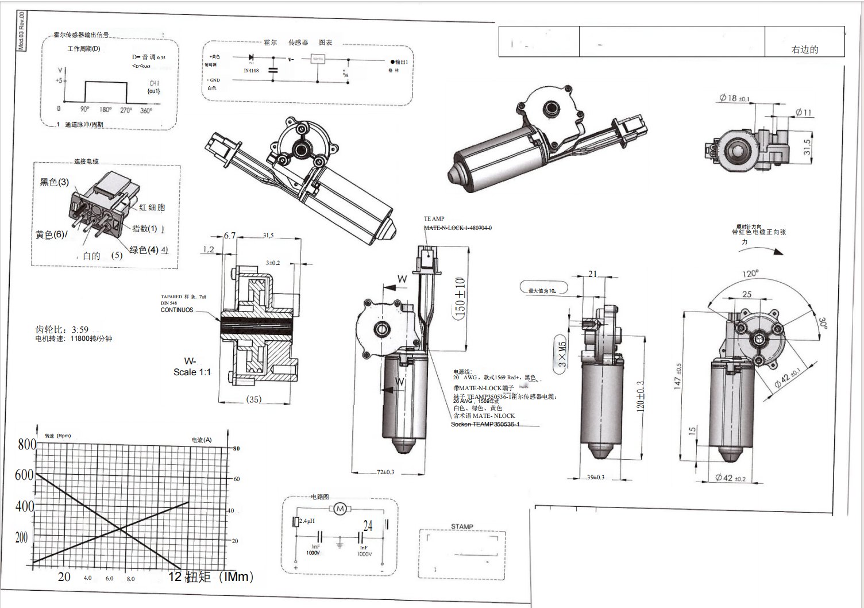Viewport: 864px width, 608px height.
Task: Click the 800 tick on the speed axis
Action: click(x=27, y=444)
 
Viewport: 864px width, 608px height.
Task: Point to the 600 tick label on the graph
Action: click(x=24, y=475)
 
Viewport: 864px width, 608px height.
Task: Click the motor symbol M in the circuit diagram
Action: click(x=340, y=509)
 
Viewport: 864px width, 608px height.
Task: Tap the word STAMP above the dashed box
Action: click(x=462, y=526)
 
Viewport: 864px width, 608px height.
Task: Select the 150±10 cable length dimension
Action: click(x=460, y=298)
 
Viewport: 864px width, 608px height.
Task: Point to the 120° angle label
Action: click(x=750, y=274)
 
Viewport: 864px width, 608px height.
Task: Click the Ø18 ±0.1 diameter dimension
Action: click(x=734, y=98)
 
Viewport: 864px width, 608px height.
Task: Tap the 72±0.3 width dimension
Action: click(x=385, y=472)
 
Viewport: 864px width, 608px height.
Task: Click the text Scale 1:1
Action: click(x=192, y=372)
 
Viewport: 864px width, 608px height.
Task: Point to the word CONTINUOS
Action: click(x=177, y=310)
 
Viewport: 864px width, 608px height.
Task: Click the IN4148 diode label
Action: click(x=251, y=71)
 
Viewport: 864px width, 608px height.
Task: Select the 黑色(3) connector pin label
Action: click(x=54, y=182)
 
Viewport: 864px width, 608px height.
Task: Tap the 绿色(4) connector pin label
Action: click(x=144, y=250)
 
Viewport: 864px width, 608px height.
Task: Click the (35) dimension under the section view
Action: click(x=253, y=399)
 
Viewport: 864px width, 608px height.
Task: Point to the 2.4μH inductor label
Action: click(x=307, y=521)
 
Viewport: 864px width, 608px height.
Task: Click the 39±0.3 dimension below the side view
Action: click(x=596, y=478)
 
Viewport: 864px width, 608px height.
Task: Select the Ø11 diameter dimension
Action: click(x=804, y=113)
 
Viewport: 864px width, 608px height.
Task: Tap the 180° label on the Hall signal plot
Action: click(x=106, y=110)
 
